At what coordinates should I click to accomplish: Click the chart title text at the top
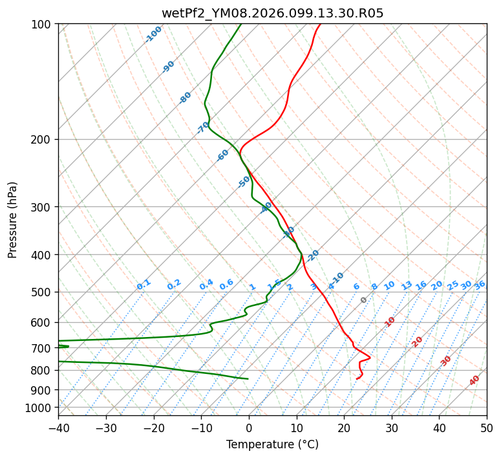click(272, 13)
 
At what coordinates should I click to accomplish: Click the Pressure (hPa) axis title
click(13, 220)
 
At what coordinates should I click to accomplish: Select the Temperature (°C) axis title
click(272, 444)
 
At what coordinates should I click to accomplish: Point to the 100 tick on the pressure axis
click(43, 25)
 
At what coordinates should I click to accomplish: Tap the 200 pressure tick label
click(43, 140)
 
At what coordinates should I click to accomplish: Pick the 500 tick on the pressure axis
click(43, 292)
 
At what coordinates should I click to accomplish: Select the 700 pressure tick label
click(43, 349)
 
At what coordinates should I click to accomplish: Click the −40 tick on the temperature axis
click(58, 428)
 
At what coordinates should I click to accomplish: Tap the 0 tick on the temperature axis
click(249, 428)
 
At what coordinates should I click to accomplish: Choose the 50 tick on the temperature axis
click(487, 428)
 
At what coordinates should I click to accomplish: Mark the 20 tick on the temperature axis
click(344, 428)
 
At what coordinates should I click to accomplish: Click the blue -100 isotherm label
click(154, 34)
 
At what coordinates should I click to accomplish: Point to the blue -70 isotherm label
click(203, 127)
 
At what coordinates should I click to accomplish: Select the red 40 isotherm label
click(474, 380)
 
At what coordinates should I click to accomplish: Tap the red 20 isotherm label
click(418, 342)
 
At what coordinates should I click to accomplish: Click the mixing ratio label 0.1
click(144, 285)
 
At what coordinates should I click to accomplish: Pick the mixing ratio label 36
click(480, 285)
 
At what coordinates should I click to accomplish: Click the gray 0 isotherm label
click(364, 300)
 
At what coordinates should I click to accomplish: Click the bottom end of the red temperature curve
click(357, 379)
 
